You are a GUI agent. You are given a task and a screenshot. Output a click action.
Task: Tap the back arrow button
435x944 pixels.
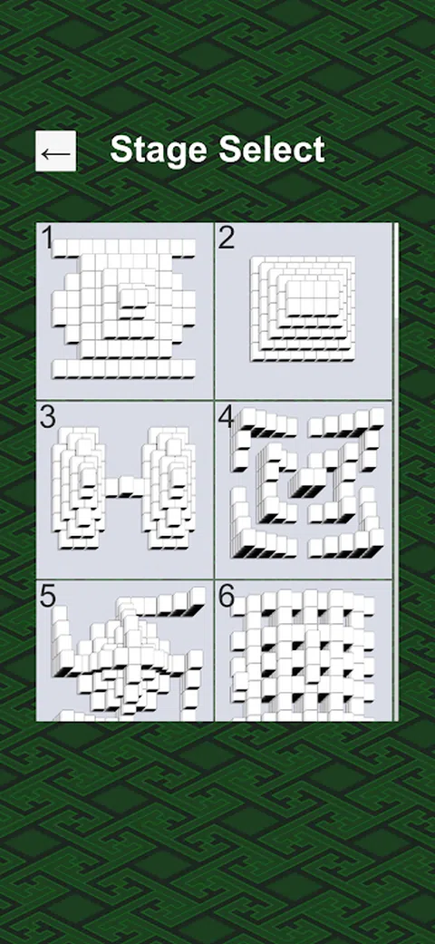56,151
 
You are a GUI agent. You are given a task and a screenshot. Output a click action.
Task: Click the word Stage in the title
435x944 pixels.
159,150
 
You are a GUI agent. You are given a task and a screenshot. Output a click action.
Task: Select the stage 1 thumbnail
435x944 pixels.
124,311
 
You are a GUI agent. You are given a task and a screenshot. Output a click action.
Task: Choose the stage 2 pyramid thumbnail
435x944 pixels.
304,311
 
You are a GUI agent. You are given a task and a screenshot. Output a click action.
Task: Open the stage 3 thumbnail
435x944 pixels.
124,490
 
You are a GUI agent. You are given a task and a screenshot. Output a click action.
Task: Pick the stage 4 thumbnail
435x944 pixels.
304,490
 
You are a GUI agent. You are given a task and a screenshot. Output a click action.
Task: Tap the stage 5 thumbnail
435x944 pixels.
124,651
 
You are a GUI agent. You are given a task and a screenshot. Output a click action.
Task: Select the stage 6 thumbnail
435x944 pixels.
304,651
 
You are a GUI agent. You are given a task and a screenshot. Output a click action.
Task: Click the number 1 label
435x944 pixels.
46,238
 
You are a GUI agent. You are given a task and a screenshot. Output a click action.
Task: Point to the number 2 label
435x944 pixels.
227,238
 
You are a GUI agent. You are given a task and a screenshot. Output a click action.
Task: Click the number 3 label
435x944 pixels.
47,417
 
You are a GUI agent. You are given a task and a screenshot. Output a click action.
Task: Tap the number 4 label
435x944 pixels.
227,417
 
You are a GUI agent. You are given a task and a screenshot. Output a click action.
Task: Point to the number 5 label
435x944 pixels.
47,596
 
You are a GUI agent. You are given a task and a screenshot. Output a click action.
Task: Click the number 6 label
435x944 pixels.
227,596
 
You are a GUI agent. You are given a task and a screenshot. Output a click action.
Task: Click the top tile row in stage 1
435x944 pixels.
124,248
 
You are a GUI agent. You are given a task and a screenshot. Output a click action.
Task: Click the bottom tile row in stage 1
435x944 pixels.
124,368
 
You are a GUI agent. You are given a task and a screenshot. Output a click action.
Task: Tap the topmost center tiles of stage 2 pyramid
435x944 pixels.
313,298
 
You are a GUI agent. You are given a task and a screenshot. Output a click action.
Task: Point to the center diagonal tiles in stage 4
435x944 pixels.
308,481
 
